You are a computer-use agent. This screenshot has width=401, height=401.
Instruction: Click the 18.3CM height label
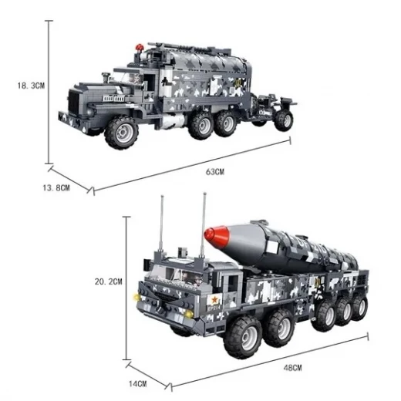[31, 86]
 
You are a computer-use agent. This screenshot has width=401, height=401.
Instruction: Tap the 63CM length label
[215, 172]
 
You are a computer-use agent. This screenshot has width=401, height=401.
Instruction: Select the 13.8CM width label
[56, 188]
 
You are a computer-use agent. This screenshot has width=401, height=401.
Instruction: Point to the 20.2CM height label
[109, 281]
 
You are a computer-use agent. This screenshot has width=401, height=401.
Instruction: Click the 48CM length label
[292, 368]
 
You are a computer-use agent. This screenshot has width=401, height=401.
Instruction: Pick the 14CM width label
[138, 384]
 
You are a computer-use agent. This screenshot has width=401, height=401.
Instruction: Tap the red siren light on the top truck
[140, 48]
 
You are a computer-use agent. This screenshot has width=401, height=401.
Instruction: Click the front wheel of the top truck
[122, 132]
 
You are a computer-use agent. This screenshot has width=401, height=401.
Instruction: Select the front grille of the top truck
[74, 101]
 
